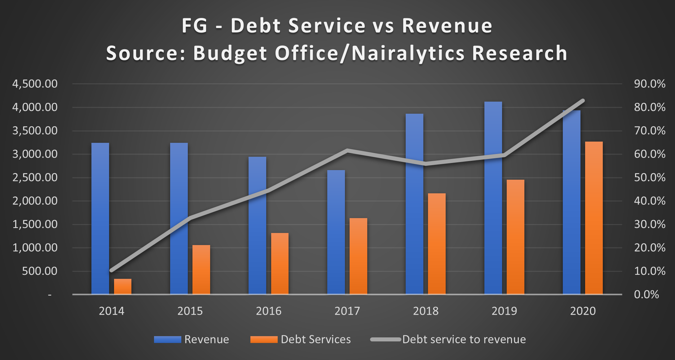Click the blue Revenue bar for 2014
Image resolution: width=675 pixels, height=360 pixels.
[x=100, y=218]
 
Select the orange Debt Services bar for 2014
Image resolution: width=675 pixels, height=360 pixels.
[x=123, y=287]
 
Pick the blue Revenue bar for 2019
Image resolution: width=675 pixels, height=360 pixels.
[x=493, y=198]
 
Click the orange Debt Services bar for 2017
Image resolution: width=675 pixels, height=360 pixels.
[x=358, y=256]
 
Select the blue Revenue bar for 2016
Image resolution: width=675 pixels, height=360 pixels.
[x=257, y=226]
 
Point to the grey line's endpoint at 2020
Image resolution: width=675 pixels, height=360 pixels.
[x=583, y=101]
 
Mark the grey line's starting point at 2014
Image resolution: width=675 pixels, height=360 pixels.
[x=112, y=270]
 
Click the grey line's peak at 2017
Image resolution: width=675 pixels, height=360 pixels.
[x=347, y=151]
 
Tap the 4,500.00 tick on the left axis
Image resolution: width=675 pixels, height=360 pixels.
[x=35, y=84]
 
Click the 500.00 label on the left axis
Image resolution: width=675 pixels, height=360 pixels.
[x=40, y=271]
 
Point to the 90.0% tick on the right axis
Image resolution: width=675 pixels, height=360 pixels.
[x=650, y=84]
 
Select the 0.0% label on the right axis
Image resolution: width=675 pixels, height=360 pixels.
[x=646, y=295]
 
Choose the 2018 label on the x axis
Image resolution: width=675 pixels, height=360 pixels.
[x=426, y=311]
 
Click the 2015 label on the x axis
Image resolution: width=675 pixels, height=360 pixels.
[x=190, y=311]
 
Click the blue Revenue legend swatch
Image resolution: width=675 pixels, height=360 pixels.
[x=167, y=340]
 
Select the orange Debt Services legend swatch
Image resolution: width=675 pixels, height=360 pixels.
[x=264, y=340]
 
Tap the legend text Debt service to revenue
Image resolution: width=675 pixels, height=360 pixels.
[x=464, y=340]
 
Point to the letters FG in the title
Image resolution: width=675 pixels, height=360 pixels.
[x=194, y=25]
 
